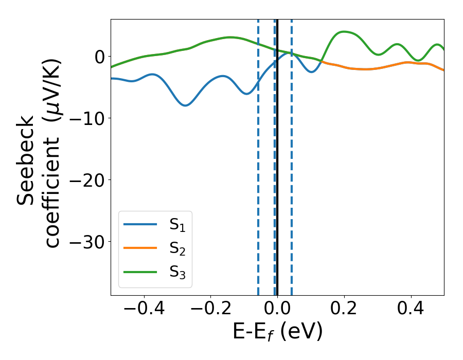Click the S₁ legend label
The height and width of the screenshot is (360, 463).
pos(177,225)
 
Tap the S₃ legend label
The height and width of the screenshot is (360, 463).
pos(177,272)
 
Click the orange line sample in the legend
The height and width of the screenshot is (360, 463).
pos(140,247)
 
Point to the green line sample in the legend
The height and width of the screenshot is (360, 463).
pos(140,271)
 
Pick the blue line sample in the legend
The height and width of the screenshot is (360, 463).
pos(140,224)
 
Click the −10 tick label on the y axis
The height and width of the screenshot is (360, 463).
pos(86,118)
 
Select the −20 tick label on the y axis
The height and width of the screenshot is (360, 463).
pos(86,180)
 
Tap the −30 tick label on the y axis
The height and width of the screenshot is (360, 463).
pos(86,242)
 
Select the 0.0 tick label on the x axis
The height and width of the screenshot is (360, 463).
pos(277,309)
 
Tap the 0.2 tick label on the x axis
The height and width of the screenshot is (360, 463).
pos(344,309)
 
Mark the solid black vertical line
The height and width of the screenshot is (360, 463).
pos(277,154)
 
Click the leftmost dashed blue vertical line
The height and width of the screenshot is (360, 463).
pos(258,154)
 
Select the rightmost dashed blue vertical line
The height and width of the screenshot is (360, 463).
pos(292,154)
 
